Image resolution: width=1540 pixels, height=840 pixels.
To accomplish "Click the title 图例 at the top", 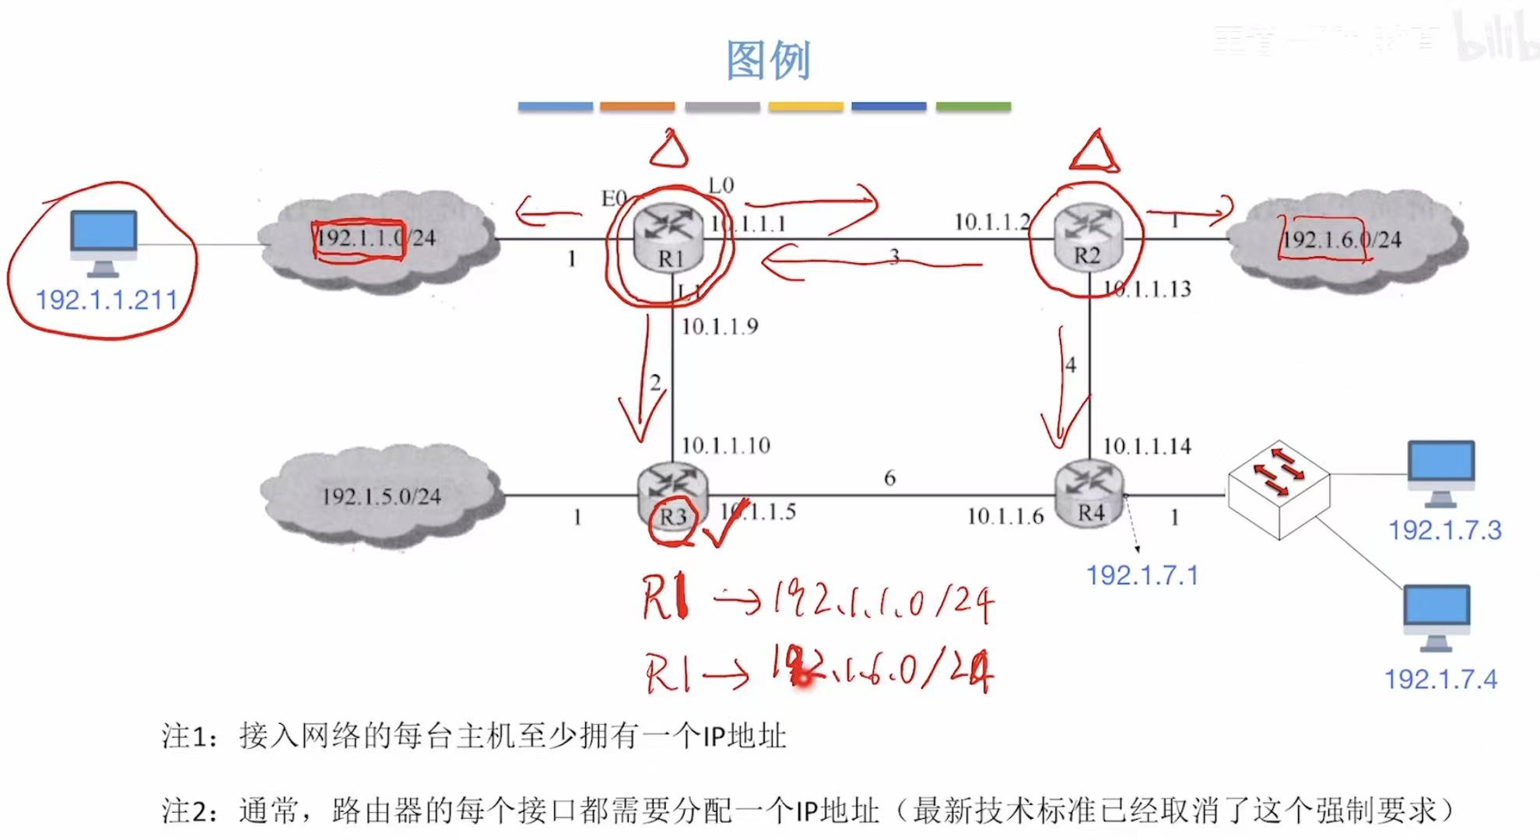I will coord(768,60).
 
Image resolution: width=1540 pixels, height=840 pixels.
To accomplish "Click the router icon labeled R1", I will coord(669,238).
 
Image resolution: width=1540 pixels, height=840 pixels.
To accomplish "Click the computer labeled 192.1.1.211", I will coord(103,242).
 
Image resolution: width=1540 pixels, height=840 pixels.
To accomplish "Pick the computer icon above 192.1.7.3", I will coord(1441,472).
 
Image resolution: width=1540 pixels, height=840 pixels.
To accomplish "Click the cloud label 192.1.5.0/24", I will coord(381,497).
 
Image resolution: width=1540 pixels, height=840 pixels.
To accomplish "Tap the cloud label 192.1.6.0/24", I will coord(1342,240).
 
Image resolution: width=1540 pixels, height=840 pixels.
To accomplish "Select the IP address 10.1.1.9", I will coord(720,327).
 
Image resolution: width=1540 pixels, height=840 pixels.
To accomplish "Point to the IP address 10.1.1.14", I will coord(1147,446).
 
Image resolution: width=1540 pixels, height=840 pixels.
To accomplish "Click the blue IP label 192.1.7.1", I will coord(1142,575).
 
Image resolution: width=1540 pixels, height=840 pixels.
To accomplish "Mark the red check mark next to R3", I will coord(724,523).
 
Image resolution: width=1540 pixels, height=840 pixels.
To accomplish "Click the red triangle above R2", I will coord(1094,152).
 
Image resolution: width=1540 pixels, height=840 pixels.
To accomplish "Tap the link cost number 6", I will coord(889,477).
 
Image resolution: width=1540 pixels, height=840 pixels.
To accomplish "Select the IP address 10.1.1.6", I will coord(1005,516).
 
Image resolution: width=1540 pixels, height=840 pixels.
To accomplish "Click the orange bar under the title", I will coord(637,107).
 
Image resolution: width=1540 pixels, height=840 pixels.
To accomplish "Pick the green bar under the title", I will coord(973,107).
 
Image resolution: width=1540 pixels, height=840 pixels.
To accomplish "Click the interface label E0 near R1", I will coord(614,199).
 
